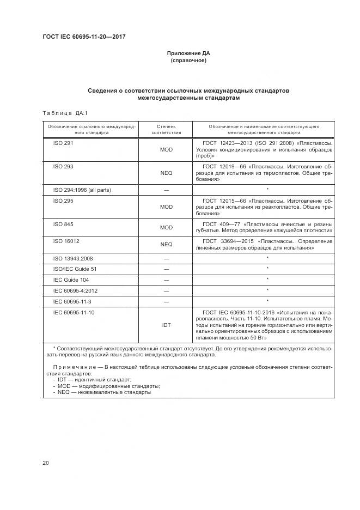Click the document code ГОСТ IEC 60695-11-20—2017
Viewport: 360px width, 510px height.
click(84, 37)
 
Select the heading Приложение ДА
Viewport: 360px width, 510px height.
click(188, 53)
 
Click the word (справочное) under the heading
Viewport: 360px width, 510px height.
click(188, 60)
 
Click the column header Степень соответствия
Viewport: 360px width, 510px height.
click(166, 129)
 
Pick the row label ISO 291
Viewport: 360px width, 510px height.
click(63, 143)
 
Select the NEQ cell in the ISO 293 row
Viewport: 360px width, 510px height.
click(166, 173)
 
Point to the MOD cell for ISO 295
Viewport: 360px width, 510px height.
click(166, 207)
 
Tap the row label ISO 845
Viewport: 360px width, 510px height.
click(63, 224)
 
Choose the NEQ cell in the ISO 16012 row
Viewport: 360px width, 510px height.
click(166, 244)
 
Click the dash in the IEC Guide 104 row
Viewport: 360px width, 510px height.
click(166, 280)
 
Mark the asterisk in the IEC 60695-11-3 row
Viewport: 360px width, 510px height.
click(267, 301)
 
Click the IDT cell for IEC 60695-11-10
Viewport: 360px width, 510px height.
click(166, 325)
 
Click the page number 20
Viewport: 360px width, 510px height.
click(46, 463)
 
